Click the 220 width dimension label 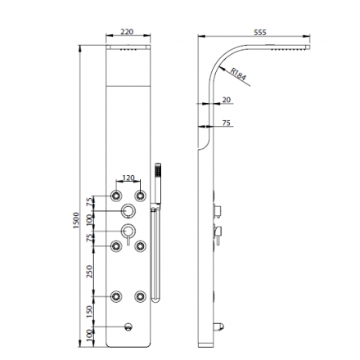pyautogui.click(x=127, y=32)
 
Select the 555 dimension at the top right pyautogui.click(x=260, y=32)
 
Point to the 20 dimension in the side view pyautogui.click(x=227, y=99)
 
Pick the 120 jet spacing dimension pyautogui.click(x=128, y=177)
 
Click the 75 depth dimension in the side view pyautogui.click(x=227, y=122)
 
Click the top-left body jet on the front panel pyautogui.click(x=115, y=196)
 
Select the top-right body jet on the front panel pyautogui.click(x=141, y=196)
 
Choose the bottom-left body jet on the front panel pyautogui.click(x=115, y=296)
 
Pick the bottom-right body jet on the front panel pyautogui.click(x=141, y=296)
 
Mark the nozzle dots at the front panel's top pyautogui.click(x=128, y=52)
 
